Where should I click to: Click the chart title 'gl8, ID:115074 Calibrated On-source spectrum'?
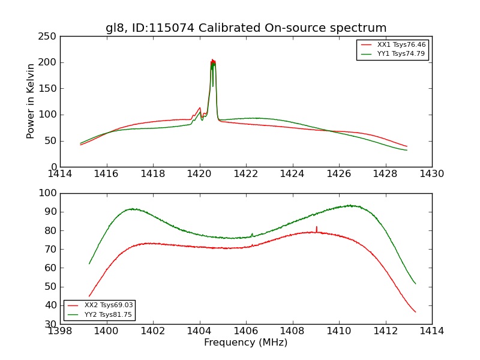pyautogui.click(x=246, y=28)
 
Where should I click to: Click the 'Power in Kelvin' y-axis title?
pyautogui.click(x=31, y=101)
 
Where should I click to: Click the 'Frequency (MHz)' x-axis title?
pyautogui.click(x=245, y=343)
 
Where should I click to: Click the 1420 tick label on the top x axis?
pyautogui.click(x=199, y=173)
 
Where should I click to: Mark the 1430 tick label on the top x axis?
pyautogui.click(x=431, y=173)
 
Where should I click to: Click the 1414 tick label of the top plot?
pyautogui.click(x=61, y=173)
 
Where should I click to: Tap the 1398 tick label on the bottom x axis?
pyautogui.click(x=61, y=331)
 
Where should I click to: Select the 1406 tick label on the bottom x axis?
pyautogui.click(x=246, y=331)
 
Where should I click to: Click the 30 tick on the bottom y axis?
pyautogui.click(x=51, y=324)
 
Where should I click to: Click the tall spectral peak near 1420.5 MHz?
pyautogui.click(x=212, y=61)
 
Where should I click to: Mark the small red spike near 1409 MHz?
pyautogui.click(x=316, y=227)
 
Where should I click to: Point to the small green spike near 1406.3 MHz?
pyautogui.click(x=252, y=234)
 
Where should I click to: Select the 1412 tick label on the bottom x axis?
pyautogui.click(x=385, y=331)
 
